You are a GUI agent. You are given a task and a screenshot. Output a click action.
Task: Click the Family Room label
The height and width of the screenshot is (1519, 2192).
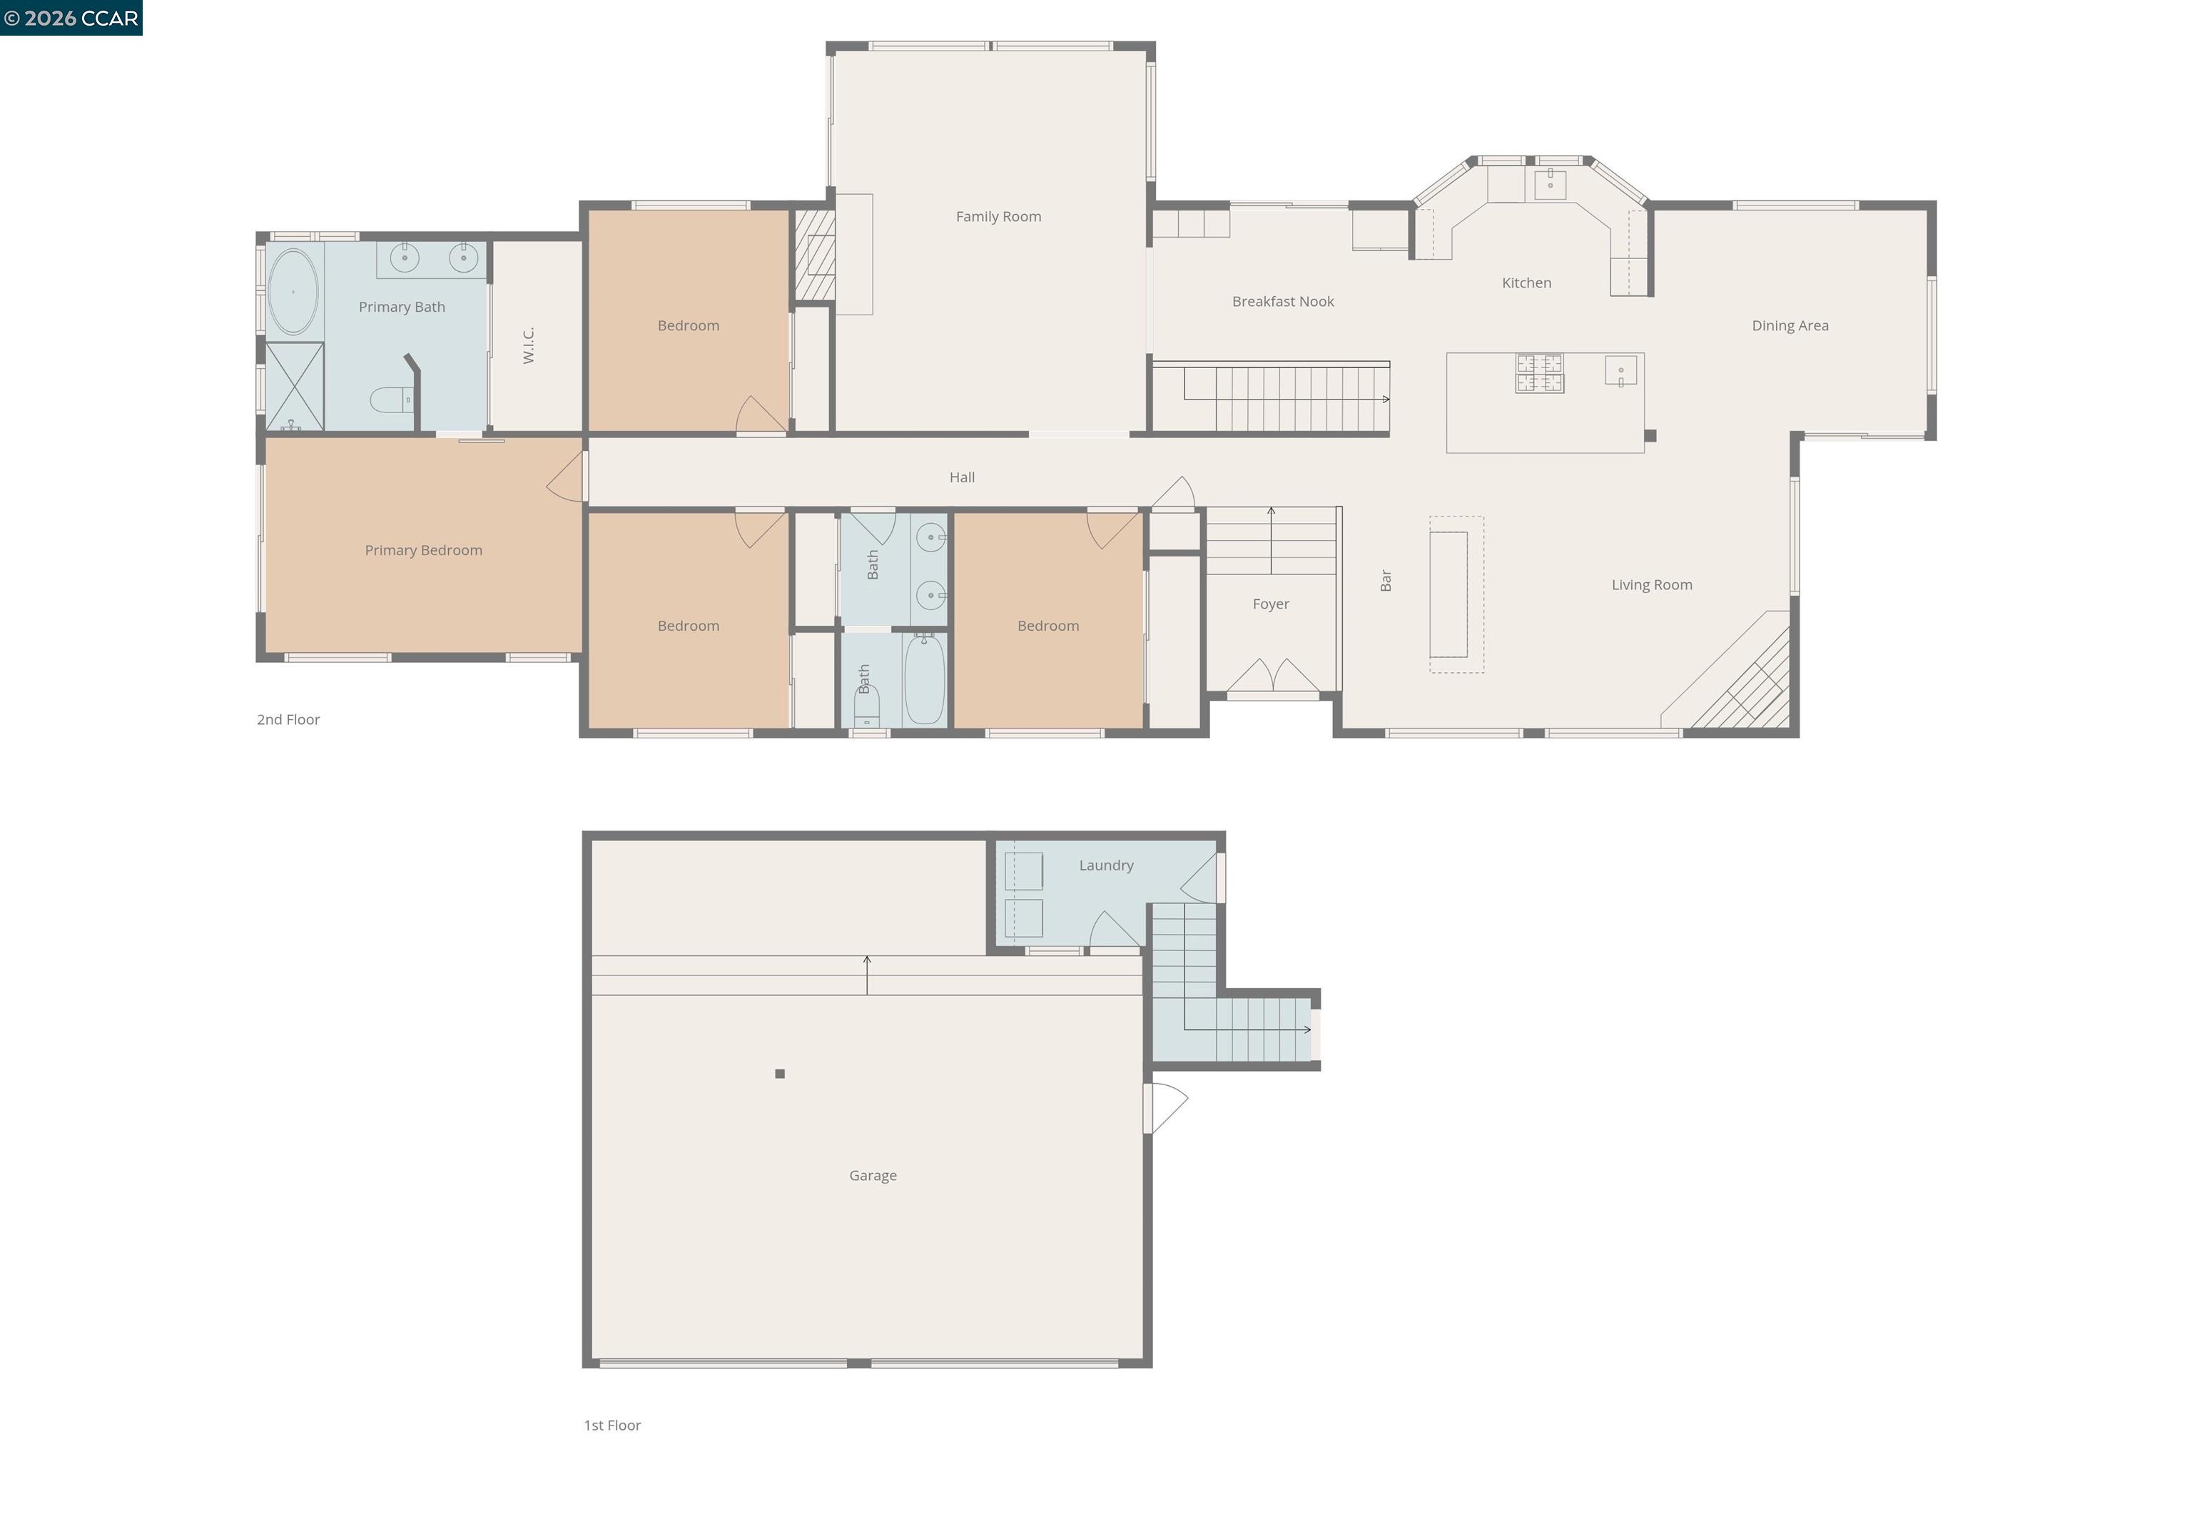click(x=998, y=216)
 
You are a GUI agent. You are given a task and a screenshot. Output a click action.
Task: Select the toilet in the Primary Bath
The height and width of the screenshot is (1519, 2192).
click(x=391, y=400)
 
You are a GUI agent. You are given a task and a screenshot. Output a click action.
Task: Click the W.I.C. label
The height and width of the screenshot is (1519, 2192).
click(x=529, y=345)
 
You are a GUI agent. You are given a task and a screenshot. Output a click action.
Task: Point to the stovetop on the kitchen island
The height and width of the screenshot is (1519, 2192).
click(x=1539, y=372)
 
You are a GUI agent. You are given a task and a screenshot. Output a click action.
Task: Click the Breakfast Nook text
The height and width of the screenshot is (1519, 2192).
click(x=1282, y=301)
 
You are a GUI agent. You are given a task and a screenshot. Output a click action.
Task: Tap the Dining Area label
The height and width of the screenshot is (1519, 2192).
click(x=1790, y=325)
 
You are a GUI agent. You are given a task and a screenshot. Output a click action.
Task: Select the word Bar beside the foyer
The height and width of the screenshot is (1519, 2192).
click(x=1386, y=581)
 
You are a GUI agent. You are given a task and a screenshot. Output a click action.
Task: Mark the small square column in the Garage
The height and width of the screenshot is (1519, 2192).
click(x=779, y=1074)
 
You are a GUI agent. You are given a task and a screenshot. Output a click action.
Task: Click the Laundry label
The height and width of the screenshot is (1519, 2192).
click(x=1105, y=865)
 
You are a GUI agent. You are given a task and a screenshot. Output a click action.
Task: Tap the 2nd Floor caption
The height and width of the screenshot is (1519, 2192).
click(x=288, y=719)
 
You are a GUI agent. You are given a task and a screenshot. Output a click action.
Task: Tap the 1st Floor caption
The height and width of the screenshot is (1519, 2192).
click(x=612, y=1425)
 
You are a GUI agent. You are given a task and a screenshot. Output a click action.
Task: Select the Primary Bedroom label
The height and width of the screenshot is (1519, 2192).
click(x=424, y=550)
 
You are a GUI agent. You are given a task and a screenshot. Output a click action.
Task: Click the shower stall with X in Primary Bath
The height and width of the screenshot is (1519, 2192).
click(x=294, y=385)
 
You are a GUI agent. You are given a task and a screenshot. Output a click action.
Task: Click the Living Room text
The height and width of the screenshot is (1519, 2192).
click(x=1651, y=584)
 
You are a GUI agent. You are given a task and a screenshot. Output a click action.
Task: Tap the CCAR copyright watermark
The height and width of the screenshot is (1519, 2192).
click(x=71, y=18)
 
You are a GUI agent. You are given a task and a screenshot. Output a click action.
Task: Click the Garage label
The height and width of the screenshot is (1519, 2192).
click(x=873, y=1175)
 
